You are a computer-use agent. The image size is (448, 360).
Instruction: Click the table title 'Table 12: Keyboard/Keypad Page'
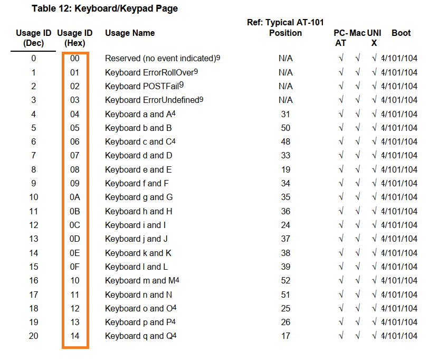tap(104, 8)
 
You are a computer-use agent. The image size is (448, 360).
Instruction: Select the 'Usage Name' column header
tap(130, 33)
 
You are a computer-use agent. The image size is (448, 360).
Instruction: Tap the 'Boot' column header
tap(401, 33)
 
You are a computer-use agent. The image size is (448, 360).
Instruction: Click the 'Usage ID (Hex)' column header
tap(75, 37)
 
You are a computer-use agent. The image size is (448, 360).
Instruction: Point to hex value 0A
tap(75, 197)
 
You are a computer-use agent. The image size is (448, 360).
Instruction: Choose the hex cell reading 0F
tap(75, 267)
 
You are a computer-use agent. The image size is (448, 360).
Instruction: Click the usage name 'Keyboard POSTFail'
tap(142, 86)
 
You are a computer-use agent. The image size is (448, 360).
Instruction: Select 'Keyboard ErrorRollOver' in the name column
tap(149, 72)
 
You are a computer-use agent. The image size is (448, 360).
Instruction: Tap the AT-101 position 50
tap(285, 128)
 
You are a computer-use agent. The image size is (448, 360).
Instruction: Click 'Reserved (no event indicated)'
tap(160, 58)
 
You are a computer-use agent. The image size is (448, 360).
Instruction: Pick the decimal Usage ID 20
tap(33, 336)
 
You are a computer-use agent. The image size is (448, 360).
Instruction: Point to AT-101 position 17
tap(285, 336)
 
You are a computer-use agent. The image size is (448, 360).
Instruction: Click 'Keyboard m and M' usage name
tap(140, 281)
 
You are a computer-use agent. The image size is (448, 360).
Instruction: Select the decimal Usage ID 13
tap(33, 239)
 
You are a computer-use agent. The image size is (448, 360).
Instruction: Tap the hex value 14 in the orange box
tap(75, 336)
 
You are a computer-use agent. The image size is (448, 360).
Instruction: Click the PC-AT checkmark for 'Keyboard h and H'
tap(341, 211)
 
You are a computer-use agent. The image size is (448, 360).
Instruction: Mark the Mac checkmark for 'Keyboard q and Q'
tap(357, 336)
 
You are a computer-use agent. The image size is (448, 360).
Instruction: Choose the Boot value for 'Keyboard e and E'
tap(399, 170)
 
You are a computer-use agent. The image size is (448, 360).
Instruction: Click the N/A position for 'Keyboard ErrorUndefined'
tap(285, 100)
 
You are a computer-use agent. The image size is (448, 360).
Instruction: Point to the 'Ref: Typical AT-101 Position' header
tap(285, 27)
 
